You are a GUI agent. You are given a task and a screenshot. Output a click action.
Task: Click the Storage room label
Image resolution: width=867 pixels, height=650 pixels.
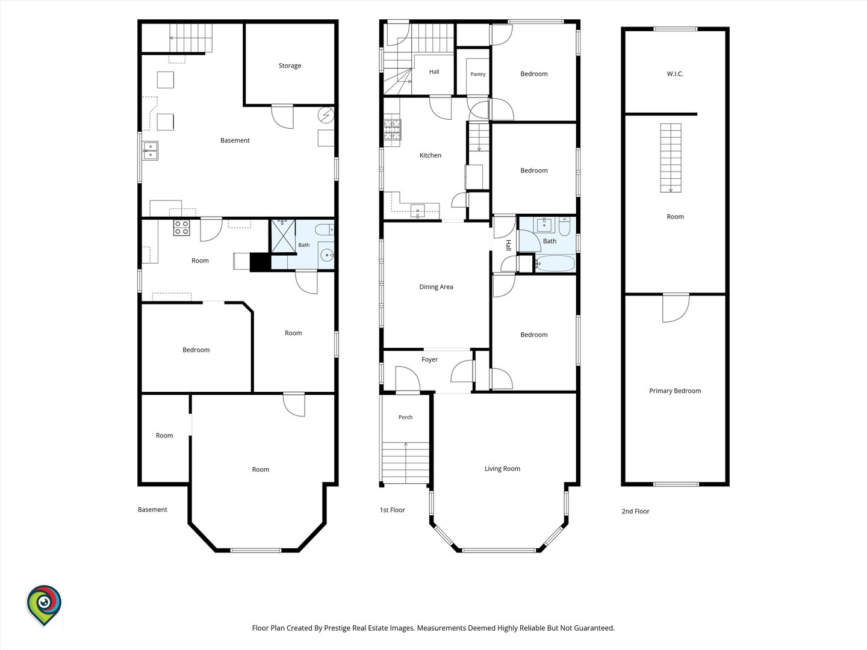(290, 66)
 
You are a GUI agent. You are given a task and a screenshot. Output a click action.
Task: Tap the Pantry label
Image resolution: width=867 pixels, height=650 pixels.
(477, 74)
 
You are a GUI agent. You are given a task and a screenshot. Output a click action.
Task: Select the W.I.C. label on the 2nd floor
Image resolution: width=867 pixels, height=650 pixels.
(675, 74)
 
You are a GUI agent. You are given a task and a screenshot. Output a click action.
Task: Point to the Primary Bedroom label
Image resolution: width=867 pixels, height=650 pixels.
(675, 391)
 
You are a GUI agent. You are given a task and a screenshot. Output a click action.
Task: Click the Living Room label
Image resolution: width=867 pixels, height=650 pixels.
(502, 468)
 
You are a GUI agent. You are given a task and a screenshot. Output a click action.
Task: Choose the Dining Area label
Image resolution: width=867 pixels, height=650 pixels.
(436, 287)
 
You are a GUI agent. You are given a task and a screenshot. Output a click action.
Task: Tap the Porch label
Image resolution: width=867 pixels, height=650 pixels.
(405, 417)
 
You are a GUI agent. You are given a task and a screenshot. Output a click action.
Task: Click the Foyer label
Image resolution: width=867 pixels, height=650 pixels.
(429, 359)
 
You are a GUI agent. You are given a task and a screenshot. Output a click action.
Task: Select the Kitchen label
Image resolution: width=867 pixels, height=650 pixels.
(430, 155)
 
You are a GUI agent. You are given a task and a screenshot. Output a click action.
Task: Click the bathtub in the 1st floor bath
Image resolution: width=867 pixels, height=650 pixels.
(555, 263)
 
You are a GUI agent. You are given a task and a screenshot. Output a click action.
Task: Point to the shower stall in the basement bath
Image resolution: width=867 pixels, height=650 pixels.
(283, 235)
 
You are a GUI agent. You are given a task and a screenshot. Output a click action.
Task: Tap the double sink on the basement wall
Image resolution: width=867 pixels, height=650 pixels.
(151, 150)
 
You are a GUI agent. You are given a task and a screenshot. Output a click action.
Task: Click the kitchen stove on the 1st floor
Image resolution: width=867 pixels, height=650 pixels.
(392, 130)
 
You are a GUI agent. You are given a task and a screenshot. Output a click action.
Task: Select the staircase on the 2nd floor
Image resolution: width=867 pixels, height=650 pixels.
(671, 158)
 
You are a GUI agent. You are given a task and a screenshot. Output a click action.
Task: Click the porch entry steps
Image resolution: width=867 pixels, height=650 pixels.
(405, 463)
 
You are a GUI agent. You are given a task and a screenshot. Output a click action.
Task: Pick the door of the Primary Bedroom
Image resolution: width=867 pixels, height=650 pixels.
(676, 308)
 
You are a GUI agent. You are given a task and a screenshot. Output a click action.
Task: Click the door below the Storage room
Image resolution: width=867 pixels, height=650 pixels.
(282, 116)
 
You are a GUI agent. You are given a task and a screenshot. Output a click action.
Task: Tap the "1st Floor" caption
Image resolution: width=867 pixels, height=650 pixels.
(392, 510)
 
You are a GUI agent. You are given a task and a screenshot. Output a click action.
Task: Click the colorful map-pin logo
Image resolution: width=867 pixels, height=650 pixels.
(44, 605)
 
